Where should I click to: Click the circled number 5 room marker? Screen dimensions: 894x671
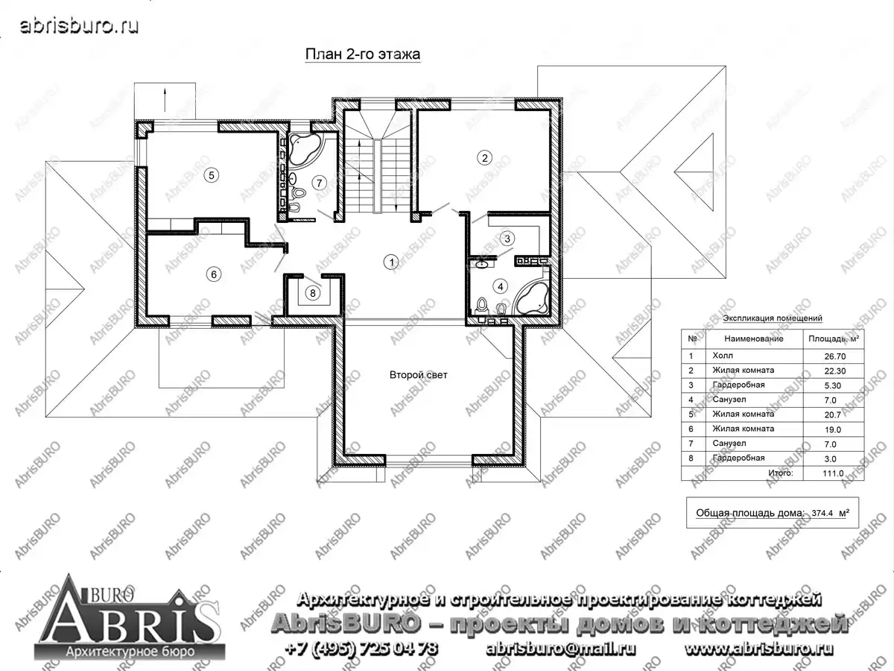(x=212, y=176)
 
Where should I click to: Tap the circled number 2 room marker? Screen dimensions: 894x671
(x=484, y=157)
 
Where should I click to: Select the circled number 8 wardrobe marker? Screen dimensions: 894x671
(x=313, y=293)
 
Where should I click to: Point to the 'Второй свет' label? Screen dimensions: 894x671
(x=418, y=375)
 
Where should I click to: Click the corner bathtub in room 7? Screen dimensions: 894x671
(x=305, y=150)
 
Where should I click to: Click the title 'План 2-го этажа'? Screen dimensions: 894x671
(x=363, y=54)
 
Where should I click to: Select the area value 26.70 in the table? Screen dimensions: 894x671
(x=835, y=356)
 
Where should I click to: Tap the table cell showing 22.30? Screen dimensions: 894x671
(x=835, y=371)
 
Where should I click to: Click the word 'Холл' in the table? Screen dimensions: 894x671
(x=723, y=356)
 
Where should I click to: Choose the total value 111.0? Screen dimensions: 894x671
(x=833, y=473)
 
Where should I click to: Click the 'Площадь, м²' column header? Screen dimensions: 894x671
(x=834, y=338)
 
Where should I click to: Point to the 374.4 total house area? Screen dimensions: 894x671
(x=822, y=513)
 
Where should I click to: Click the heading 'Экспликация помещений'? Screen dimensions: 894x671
(x=773, y=318)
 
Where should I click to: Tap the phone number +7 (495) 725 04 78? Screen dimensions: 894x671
(x=361, y=649)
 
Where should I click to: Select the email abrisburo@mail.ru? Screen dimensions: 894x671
(x=561, y=649)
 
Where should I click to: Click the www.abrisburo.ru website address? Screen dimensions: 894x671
(x=759, y=649)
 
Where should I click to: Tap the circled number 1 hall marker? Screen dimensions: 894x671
(x=391, y=262)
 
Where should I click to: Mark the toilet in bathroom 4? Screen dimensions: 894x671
(x=482, y=306)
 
